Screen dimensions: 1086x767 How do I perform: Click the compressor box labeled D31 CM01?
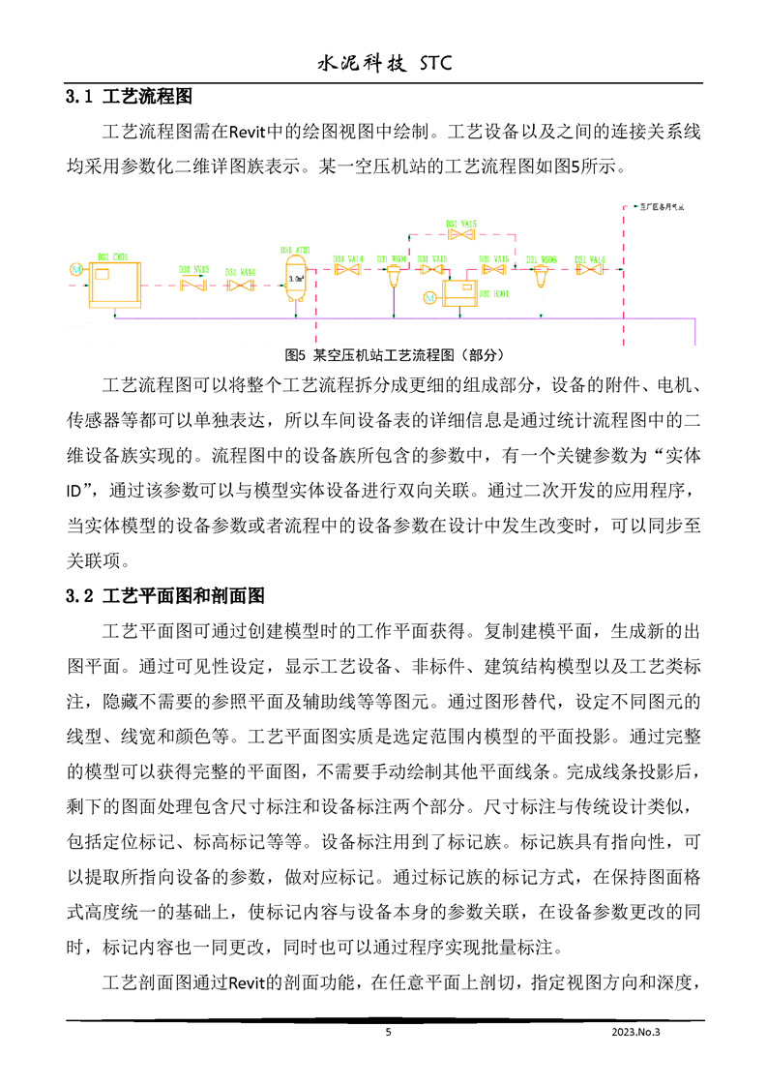[112, 285]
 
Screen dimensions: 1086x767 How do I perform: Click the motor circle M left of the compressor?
[77, 268]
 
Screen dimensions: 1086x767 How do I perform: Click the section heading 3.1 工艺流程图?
[129, 98]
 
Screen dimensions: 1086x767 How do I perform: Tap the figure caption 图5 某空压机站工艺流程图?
[395, 354]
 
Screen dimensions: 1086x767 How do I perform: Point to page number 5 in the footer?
[388, 1033]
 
